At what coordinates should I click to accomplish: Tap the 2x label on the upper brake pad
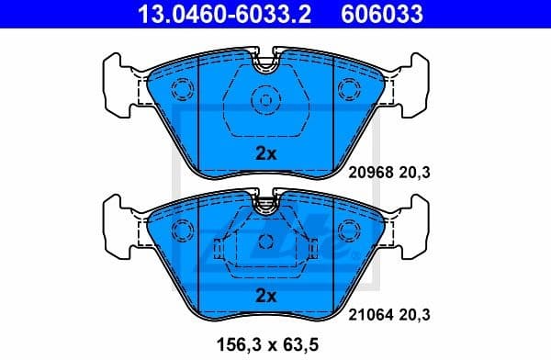[x=265, y=153]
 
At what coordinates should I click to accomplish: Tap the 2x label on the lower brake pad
[x=265, y=296]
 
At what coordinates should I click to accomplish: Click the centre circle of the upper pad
[x=266, y=99]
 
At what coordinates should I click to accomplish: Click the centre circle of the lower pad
[x=266, y=242]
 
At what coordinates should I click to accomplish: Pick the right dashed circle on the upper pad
[x=349, y=89]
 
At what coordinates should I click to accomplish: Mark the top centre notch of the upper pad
[x=266, y=65]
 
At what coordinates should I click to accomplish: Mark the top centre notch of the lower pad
[x=266, y=197]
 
